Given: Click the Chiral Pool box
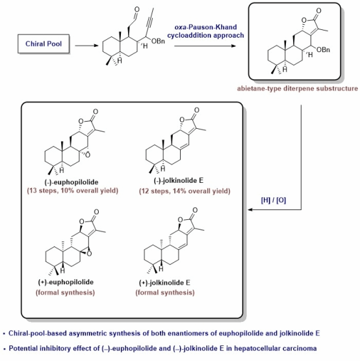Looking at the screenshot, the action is pyautogui.click(x=44, y=44).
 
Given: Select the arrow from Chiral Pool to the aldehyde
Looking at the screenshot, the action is pyautogui.click(x=86, y=46).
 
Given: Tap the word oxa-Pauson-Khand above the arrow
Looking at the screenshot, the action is pyautogui.click(x=205, y=27).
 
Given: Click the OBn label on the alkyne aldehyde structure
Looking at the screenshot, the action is pyautogui.click(x=159, y=41).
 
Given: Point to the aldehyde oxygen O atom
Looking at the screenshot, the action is pyautogui.click(x=137, y=10).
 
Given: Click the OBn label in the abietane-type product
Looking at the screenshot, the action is pyautogui.click(x=323, y=49).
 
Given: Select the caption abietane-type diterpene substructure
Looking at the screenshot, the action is pyautogui.click(x=298, y=88).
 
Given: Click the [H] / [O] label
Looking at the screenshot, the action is pyautogui.click(x=274, y=200).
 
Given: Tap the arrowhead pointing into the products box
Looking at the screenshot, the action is pyautogui.click(x=250, y=209).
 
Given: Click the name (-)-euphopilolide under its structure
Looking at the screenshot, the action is pyautogui.click(x=71, y=182).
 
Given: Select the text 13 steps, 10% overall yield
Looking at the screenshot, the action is pyautogui.click(x=73, y=191).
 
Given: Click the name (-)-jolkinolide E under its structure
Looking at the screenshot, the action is pyautogui.click(x=179, y=181).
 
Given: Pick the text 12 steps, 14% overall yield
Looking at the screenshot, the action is pyautogui.click(x=185, y=191).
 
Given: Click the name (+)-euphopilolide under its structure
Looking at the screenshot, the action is pyautogui.click(x=66, y=282).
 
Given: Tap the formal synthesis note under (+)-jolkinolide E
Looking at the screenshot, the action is pyautogui.click(x=165, y=293).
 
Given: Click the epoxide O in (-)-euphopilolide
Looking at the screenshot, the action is pyautogui.click(x=88, y=155).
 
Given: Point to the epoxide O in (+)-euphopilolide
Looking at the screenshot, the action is pyautogui.click(x=89, y=254).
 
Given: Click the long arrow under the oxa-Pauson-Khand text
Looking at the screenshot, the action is pyautogui.click(x=205, y=46).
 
